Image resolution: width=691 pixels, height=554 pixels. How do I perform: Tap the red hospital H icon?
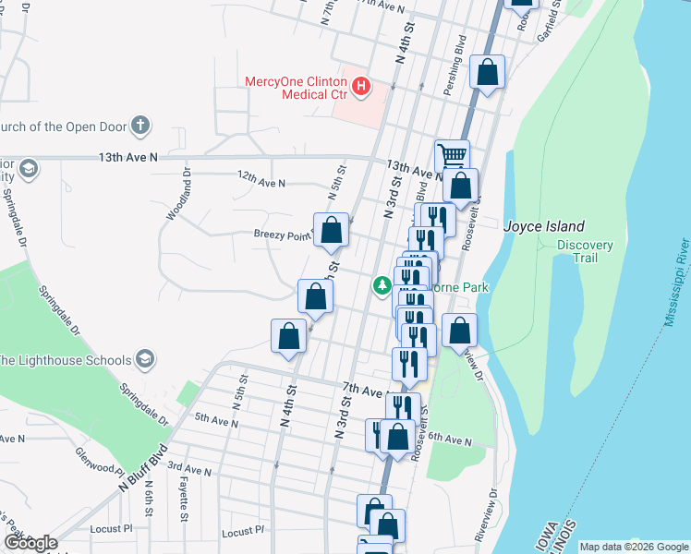(x=362, y=88)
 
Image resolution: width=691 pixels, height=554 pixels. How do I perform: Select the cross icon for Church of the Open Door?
(x=139, y=126)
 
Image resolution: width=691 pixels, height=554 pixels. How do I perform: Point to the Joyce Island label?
(x=543, y=226)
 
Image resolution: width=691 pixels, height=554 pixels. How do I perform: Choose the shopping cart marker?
(x=452, y=155)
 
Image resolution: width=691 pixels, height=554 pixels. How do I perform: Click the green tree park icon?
(x=381, y=286)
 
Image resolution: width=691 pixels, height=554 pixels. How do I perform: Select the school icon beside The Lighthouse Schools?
(x=144, y=358)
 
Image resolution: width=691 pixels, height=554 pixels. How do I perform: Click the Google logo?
(x=30, y=543)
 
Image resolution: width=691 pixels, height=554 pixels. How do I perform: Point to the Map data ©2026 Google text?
(x=634, y=547)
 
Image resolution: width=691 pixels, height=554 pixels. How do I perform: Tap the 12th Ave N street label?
(x=261, y=183)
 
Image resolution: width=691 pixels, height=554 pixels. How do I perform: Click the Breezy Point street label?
(x=281, y=235)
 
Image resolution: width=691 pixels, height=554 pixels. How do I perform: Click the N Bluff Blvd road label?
(x=141, y=466)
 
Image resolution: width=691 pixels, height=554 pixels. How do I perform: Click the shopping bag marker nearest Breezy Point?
(x=332, y=230)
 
